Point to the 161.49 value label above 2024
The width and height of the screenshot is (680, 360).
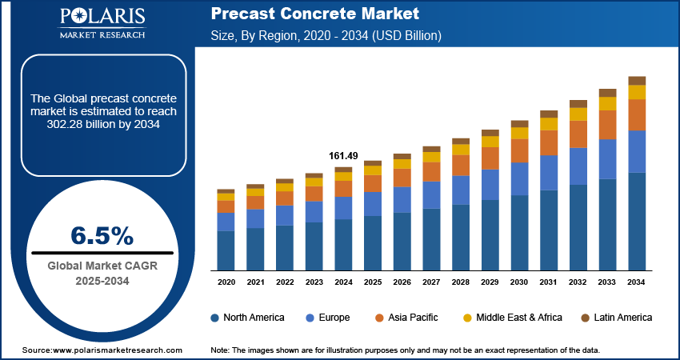click(343, 155)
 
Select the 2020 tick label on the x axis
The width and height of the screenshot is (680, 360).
click(226, 282)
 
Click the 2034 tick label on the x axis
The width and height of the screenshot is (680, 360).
click(637, 282)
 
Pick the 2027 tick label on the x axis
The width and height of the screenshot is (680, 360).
click(431, 282)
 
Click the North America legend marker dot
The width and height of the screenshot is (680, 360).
click(215, 318)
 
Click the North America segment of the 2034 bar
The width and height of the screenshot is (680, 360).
click(637, 222)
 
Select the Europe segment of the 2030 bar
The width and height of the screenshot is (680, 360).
click(519, 178)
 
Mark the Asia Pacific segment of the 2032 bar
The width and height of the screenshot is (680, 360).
click(578, 134)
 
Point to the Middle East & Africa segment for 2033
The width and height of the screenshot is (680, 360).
click(608, 103)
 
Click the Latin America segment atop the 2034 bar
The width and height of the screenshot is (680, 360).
click(637, 80)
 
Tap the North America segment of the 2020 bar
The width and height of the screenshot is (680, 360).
click(226, 250)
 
